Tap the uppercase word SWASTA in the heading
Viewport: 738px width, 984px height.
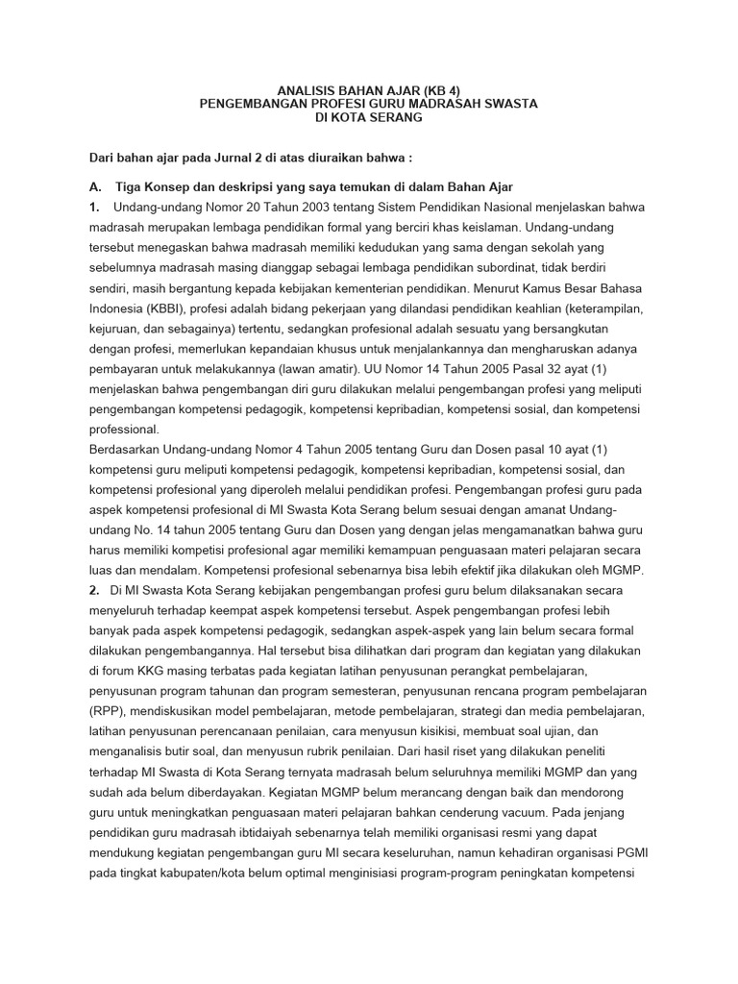505,103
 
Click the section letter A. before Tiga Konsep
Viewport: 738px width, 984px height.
96,186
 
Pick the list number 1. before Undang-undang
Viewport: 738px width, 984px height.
94,208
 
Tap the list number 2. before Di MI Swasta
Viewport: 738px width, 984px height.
94,590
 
